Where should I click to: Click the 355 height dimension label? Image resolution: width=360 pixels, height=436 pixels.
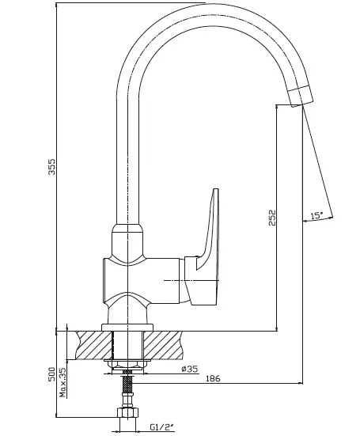(51, 166)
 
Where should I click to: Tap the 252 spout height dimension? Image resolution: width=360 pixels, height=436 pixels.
(272, 218)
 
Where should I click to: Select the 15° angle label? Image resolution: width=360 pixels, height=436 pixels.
(316, 216)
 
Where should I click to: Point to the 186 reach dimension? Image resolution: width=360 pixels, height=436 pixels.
(213, 378)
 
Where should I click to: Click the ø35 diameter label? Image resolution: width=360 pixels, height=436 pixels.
(190, 369)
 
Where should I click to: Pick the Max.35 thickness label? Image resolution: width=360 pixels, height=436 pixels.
(63, 383)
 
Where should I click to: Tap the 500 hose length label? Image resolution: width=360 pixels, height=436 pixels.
(51, 374)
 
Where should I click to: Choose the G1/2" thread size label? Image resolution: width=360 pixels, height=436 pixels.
(162, 427)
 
